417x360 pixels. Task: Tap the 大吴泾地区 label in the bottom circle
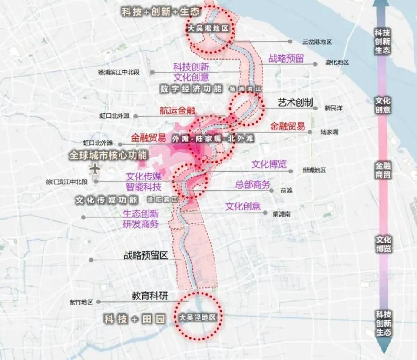point(198,318)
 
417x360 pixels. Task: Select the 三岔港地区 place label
point(317,42)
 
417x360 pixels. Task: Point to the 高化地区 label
point(337,63)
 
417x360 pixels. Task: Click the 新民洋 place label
point(334,108)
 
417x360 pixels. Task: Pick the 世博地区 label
point(314,170)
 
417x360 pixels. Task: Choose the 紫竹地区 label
point(81,302)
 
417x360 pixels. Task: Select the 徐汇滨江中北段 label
point(66,182)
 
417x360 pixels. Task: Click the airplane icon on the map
point(97,168)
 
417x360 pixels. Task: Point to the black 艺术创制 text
point(295,103)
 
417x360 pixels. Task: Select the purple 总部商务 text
point(253,184)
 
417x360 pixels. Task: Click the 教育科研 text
point(150,296)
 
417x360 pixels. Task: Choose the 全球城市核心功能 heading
point(108,155)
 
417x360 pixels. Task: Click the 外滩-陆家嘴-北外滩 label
point(213,139)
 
